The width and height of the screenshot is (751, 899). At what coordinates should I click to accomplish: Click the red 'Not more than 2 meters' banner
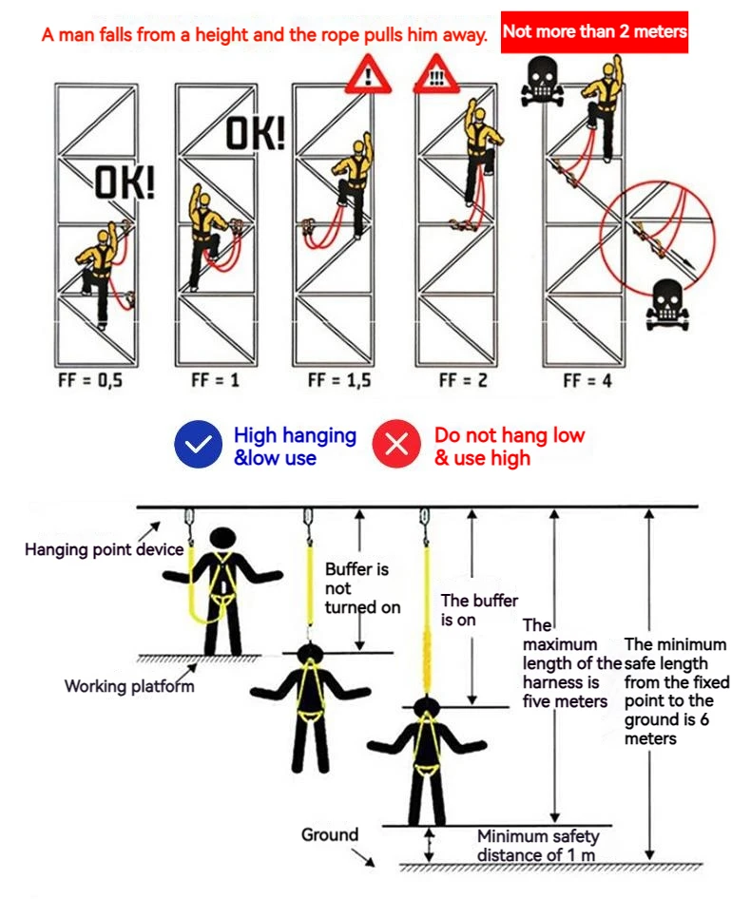point(594,32)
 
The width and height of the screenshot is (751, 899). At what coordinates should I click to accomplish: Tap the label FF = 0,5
point(90,381)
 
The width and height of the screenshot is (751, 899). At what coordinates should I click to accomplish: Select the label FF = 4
point(587,381)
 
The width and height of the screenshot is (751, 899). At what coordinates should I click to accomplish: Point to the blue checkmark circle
point(197,445)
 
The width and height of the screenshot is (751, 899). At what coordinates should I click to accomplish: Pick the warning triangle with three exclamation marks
point(435,74)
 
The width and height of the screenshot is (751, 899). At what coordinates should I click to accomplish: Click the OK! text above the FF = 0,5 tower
point(125,182)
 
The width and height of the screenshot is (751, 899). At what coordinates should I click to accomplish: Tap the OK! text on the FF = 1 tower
point(255,134)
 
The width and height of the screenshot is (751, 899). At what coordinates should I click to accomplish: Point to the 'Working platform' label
point(129,686)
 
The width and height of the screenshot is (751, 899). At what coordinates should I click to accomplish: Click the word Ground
point(330,835)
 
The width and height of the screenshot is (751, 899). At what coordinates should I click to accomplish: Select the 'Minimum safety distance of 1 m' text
point(538,844)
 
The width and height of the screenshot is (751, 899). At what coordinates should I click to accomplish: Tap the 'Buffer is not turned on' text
point(362,588)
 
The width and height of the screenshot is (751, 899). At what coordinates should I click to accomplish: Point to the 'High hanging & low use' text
point(295,446)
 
